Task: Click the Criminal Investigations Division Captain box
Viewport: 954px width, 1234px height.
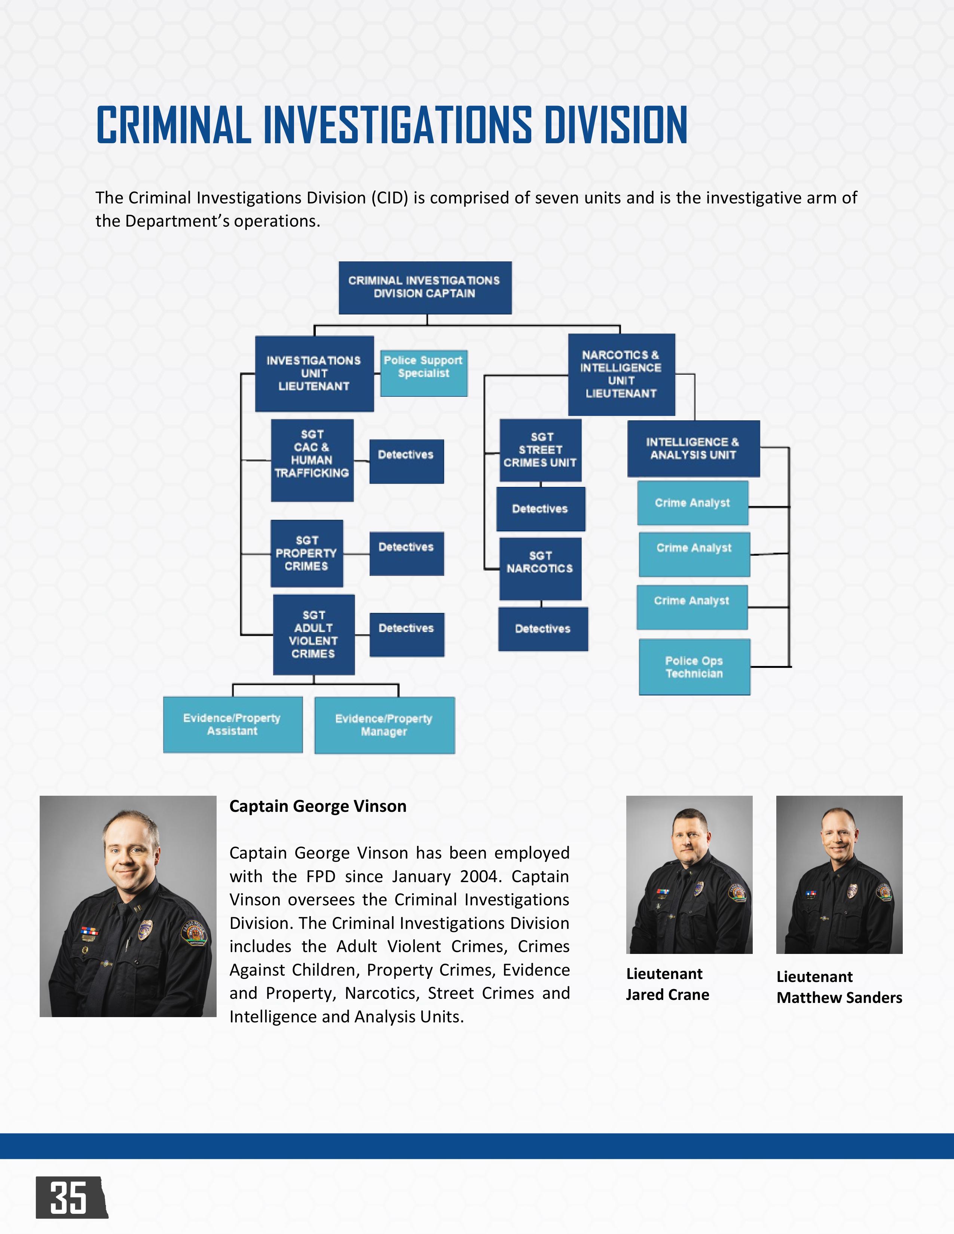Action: coord(425,288)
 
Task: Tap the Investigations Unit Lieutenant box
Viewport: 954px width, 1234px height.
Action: coord(314,374)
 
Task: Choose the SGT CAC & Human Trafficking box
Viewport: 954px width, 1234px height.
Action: coord(312,460)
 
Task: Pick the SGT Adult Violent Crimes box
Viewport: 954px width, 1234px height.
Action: coord(314,635)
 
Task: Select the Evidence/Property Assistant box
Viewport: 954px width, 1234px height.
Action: coord(232,724)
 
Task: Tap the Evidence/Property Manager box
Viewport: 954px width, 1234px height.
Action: coord(384,725)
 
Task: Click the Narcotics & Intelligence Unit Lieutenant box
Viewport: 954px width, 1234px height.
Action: coord(621,374)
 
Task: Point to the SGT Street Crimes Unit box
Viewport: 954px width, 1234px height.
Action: coord(540,450)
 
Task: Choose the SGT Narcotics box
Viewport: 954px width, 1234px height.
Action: coord(540,568)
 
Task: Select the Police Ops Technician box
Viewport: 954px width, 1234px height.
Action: coord(694,667)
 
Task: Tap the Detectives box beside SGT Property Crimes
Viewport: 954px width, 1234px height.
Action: coord(406,553)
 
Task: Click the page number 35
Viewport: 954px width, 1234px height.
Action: coord(69,1198)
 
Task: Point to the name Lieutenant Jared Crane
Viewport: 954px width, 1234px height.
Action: coord(667,984)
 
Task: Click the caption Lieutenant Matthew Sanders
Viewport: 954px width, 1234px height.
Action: coord(839,987)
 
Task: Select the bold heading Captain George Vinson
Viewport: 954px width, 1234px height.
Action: coord(318,806)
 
